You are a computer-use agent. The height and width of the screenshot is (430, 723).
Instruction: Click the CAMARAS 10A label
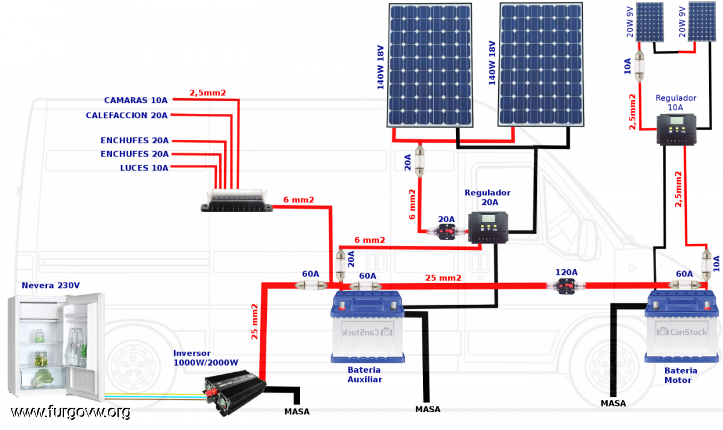[x=136, y=101]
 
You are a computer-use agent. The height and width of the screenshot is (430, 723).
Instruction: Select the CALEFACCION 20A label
[x=127, y=115]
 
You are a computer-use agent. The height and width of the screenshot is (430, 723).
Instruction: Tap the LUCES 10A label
[x=144, y=168]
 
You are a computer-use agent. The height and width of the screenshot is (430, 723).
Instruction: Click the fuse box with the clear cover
[x=237, y=201]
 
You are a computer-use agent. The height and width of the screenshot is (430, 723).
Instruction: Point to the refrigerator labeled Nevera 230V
[x=56, y=346]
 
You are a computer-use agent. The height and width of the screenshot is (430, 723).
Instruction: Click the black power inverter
[x=234, y=392]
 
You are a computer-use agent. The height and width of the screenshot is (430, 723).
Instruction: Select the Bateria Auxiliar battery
[x=368, y=326]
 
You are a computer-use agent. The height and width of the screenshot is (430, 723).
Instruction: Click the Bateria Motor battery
[x=681, y=326]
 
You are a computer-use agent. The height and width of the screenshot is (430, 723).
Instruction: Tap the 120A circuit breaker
[x=566, y=286]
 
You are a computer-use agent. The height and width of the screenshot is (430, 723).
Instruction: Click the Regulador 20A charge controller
[x=488, y=228]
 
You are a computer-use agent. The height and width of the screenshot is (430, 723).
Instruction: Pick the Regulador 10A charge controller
[x=677, y=129]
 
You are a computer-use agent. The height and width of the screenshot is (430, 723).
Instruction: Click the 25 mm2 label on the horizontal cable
[x=443, y=278]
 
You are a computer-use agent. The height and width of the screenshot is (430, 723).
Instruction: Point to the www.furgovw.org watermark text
[x=70, y=412]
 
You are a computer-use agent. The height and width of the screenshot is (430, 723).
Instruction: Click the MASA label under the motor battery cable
[x=613, y=404]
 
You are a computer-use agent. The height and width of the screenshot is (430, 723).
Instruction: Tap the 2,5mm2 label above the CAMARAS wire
[x=207, y=93]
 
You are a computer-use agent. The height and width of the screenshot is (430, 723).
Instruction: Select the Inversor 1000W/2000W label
[x=205, y=358]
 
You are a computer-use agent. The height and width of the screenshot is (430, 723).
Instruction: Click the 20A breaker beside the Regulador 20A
[x=446, y=231]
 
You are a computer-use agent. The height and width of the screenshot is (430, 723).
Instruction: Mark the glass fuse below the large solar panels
[x=419, y=161]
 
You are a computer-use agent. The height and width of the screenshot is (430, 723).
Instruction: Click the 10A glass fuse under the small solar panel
[x=639, y=66]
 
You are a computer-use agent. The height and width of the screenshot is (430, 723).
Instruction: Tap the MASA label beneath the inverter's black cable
[x=297, y=411]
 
